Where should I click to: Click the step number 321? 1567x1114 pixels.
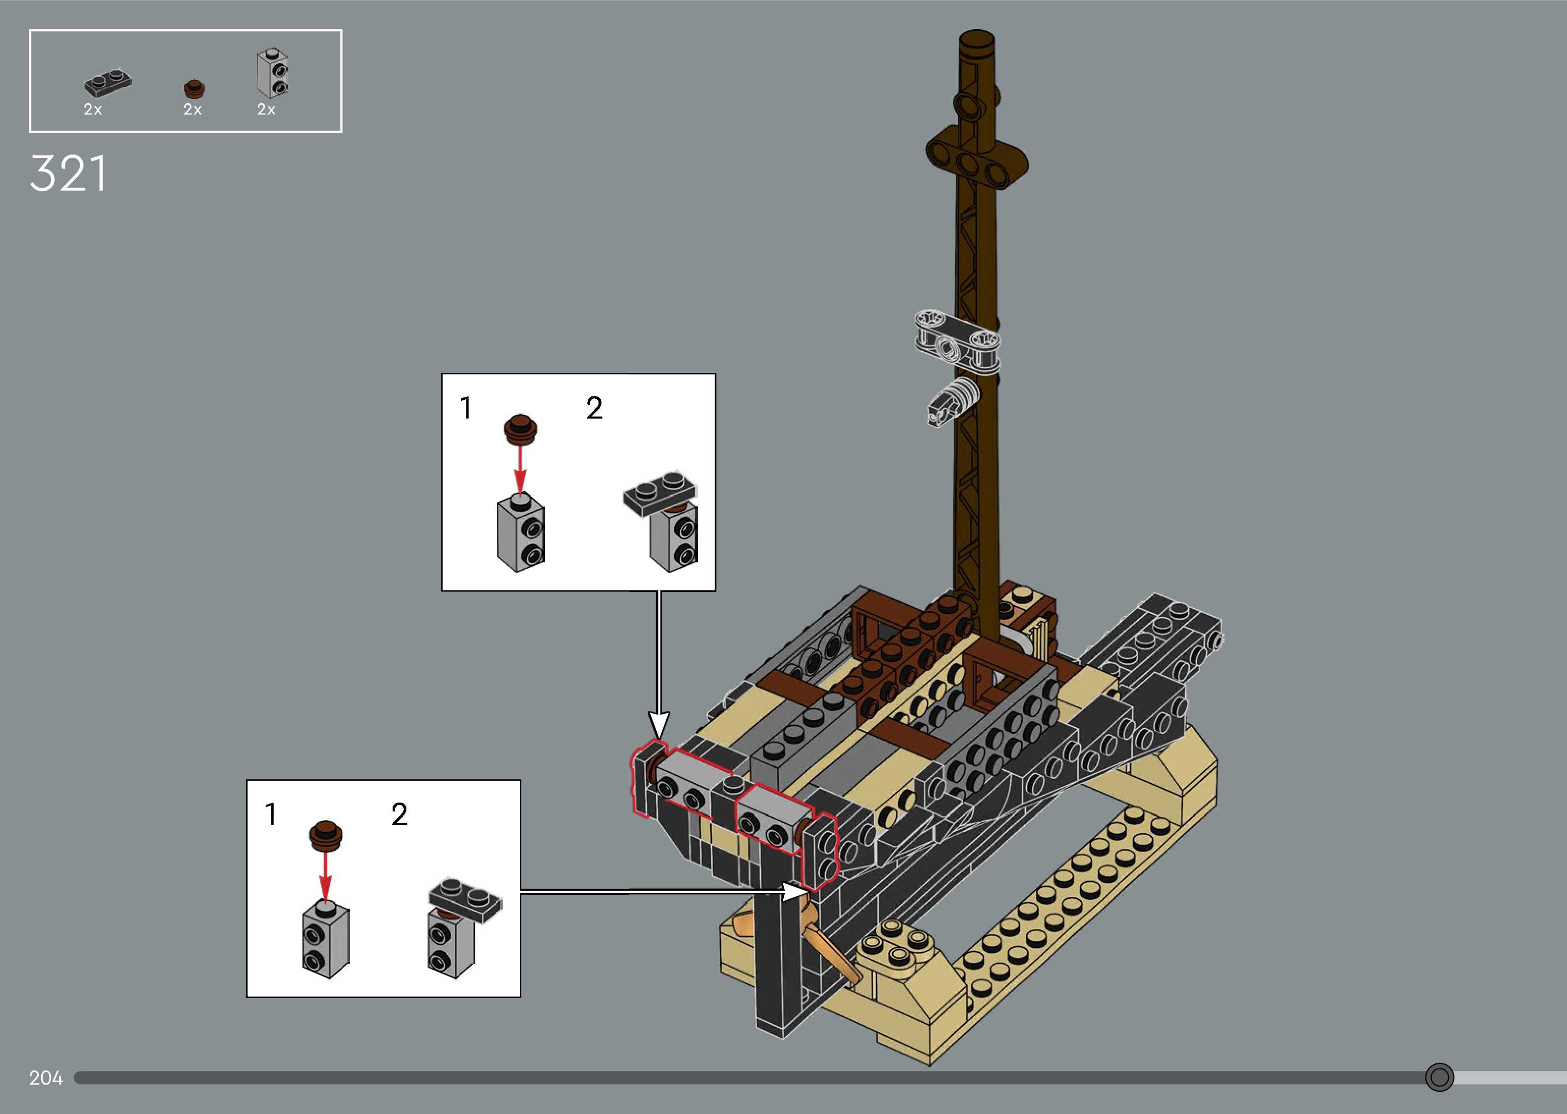click(x=68, y=173)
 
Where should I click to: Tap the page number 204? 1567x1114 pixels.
click(x=46, y=1078)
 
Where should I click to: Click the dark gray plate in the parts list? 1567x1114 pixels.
click(x=108, y=83)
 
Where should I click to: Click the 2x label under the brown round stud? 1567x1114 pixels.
click(x=192, y=110)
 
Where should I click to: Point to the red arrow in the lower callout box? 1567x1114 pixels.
click(x=326, y=875)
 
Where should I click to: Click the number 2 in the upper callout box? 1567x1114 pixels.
click(x=594, y=408)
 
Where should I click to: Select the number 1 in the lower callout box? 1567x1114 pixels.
click(x=271, y=814)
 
